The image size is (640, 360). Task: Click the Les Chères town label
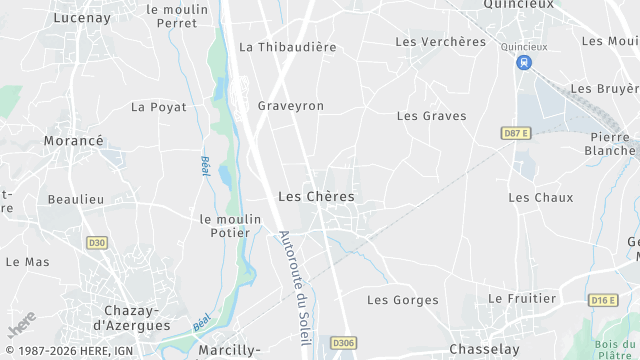pyautogui.click(x=316, y=197)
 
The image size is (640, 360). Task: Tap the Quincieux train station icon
pyautogui.click(x=523, y=62)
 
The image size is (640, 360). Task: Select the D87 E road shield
pyautogui.click(x=515, y=133)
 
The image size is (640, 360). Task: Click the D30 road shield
pyautogui.click(x=97, y=242)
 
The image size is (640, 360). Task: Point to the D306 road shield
pyautogui.click(x=343, y=343)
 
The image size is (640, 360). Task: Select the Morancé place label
pyautogui.click(x=73, y=141)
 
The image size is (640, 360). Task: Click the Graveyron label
pyautogui.click(x=290, y=105)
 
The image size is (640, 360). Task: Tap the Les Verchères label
pyautogui.click(x=440, y=42)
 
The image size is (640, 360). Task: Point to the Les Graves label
pyautogui.click(x=431, y=116)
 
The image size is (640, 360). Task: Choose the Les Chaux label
pyautogui.click(x=540, y=197)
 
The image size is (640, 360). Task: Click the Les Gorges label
pyautogui.click(x=402, y=300)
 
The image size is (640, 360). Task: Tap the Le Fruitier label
pyautogui.click(x=521, y=299)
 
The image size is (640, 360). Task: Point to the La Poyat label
pyautogui.click(x=159, y=107)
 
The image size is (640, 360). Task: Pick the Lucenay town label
pyautogui.click(x=82, y=17)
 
